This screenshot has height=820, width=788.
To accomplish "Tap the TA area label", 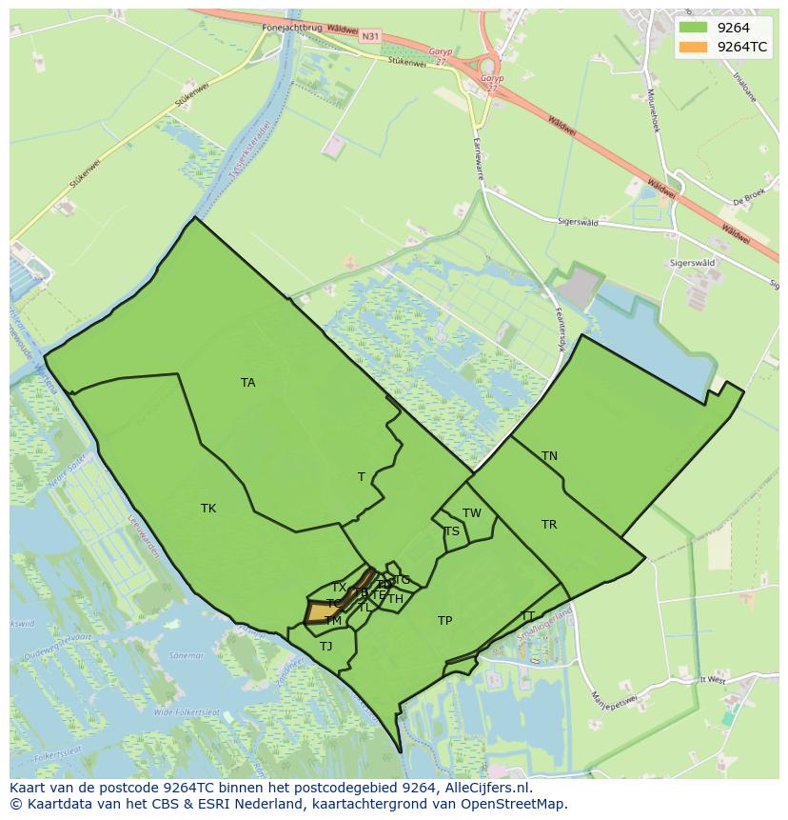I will click(248, 383).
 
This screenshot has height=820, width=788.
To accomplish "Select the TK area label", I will click(208, 509).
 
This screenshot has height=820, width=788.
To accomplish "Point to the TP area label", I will click(444, 621).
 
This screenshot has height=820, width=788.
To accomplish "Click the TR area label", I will click(549, 525).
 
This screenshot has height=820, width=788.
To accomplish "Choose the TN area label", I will click(549, 456).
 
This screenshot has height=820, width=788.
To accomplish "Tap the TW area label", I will click(472, 513).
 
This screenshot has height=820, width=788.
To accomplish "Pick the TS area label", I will click(451, 531).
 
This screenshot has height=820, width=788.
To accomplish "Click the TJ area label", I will click(326, 647).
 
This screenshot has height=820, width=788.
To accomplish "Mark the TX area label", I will click(339, 588).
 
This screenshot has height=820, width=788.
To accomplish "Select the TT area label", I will click(528, 615).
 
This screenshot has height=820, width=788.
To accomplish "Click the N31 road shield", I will click(370, 36).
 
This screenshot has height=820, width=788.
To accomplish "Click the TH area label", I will click(395, 599).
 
